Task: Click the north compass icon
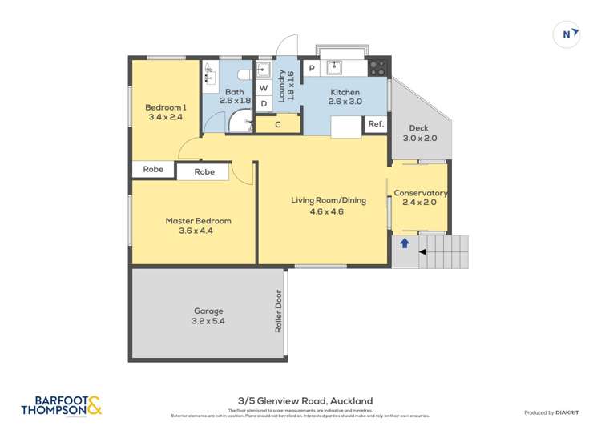[567, 34]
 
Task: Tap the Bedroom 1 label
[166, 107]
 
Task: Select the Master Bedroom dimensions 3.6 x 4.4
[198, 231]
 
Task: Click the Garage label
[208, 311]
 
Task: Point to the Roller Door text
[279, 311]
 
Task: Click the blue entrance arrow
[405, 243]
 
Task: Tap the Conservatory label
[420, 193]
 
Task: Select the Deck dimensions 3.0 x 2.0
[420, 138]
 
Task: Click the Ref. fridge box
[376, 124]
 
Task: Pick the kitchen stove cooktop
[378, 68]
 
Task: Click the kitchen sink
[335, 66]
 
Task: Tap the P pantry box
[312, 69]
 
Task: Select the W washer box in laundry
[263, 88]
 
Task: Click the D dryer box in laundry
[263, 103]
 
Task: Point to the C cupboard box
[278, 124]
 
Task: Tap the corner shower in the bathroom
[240, 122]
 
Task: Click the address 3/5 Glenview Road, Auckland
[305, 401]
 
